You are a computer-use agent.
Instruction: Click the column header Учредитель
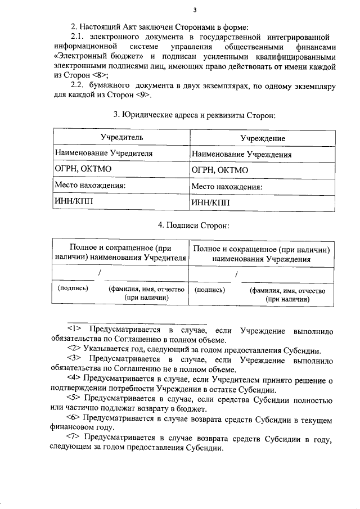point(121,137)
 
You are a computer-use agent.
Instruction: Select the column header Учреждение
point(263,138)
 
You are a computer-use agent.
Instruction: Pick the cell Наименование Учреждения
point(241,154)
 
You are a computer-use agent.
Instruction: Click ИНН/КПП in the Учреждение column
point(211,202)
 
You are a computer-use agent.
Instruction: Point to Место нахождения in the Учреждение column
point(227,187)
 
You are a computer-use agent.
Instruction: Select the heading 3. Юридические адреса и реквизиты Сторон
point(195,115)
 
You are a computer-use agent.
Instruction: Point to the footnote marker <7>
point(74,439)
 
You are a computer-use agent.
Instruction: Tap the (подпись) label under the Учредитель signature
point(74,288)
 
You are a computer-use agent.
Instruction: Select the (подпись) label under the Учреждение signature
point(209,290)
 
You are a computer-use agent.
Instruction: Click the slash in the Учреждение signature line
point(237,274)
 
